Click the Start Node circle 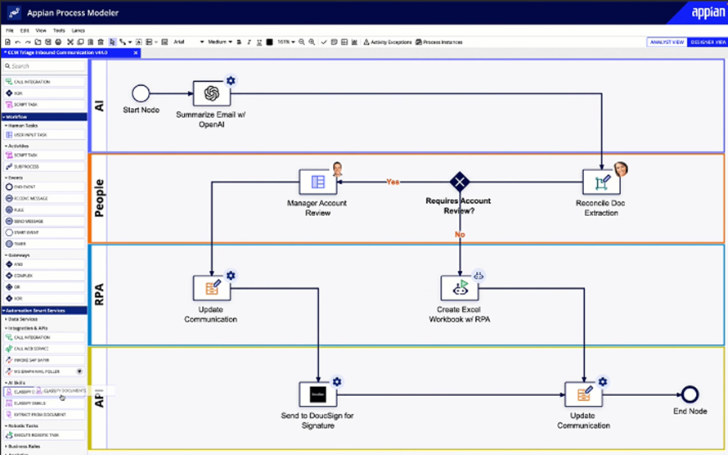141,93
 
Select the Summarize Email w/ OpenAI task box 211,94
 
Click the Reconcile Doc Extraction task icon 601,182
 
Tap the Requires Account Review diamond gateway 460,182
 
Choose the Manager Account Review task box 317,182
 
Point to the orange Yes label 393,182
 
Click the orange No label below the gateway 460,236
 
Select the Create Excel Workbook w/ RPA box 460,288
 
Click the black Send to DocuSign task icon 317,394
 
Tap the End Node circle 690,394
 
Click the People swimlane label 100,198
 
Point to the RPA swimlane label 100,292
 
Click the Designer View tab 707,42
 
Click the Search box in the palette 45,66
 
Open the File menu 10,30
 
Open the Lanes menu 79,30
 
